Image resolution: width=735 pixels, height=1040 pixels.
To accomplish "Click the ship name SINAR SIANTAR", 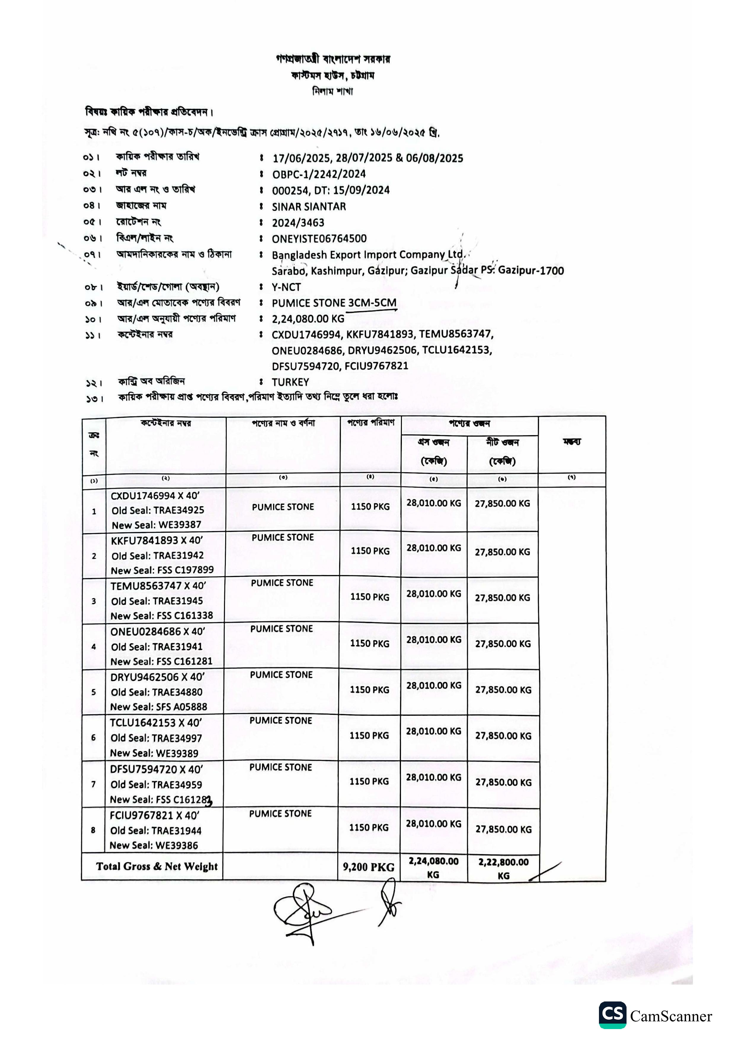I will [309, 207].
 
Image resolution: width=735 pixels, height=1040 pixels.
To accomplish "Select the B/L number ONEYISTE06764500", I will [319, 239].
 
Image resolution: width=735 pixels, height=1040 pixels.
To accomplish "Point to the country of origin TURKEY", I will [290, 382].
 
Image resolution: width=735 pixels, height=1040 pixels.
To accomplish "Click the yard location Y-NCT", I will [286, 287].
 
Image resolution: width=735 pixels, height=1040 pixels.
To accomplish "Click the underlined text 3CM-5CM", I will [372, 303].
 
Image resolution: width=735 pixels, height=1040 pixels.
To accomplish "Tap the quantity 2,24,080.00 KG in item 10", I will [308, 319].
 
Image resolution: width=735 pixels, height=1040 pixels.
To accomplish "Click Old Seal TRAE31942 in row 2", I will [158, 555].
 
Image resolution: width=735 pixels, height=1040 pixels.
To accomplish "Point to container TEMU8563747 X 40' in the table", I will [158, 586].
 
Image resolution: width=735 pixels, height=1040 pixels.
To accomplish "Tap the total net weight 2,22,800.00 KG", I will [503, 868].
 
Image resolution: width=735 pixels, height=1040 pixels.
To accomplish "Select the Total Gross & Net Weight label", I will [157, 867].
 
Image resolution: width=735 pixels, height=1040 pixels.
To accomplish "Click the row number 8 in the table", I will [93, 830].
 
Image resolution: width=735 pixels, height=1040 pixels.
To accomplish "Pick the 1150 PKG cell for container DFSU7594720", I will [369, 781].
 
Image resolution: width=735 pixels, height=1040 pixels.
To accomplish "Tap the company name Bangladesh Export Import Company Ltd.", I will [368, 255].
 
